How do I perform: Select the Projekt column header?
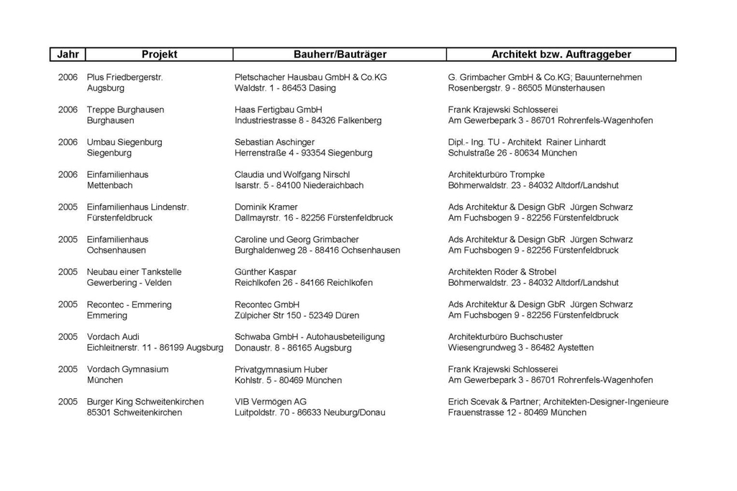click(x=159, y=54)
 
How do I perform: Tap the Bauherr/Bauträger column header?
click(x=340, y=54)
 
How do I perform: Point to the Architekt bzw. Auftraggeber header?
click(x=561, y=54)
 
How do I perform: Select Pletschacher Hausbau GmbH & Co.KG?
click(x=310, y=77)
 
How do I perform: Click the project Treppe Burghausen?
click(x=125, y=109)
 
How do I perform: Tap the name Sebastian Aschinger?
click(x=274, y=142)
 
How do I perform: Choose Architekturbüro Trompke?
click(x=496, y=174)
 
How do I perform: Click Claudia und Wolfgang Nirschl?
click(x=292, y=174)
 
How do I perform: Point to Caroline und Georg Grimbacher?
click(x=297, y=239)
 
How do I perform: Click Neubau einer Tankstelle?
click(x=134, y=271)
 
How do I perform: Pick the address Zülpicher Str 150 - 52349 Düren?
click(x=297, y=315)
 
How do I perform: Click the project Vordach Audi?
click(x=113, y=336)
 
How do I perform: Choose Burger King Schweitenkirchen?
click(x=145, y=401)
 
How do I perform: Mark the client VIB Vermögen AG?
click(x=270, y=401)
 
